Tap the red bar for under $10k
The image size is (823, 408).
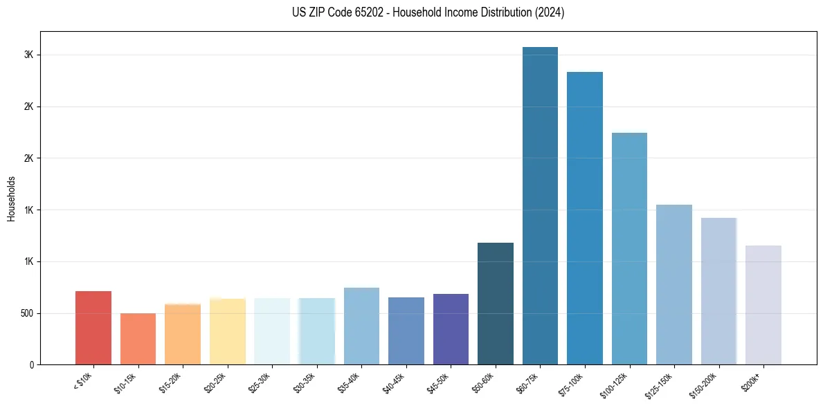[x=93, y=328]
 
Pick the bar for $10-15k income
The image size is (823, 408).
[x=138, y=339]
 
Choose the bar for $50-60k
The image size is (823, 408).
[x=496, y=304]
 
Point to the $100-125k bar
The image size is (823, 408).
[x=629, y=249]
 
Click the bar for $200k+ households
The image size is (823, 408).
[x=763, y=305]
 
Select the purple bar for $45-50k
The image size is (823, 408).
[x=451, y=329]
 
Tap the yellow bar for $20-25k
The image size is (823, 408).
[x=228, y=332]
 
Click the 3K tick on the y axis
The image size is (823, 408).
[x=28, y=55]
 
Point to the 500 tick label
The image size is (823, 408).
[x=26, y=313]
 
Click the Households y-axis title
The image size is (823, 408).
[x=11, y=198]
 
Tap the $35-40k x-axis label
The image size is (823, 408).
[x=349, y=382]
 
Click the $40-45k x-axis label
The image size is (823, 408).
[x=394, y=382]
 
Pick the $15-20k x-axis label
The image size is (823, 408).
[x=170, y=382]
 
